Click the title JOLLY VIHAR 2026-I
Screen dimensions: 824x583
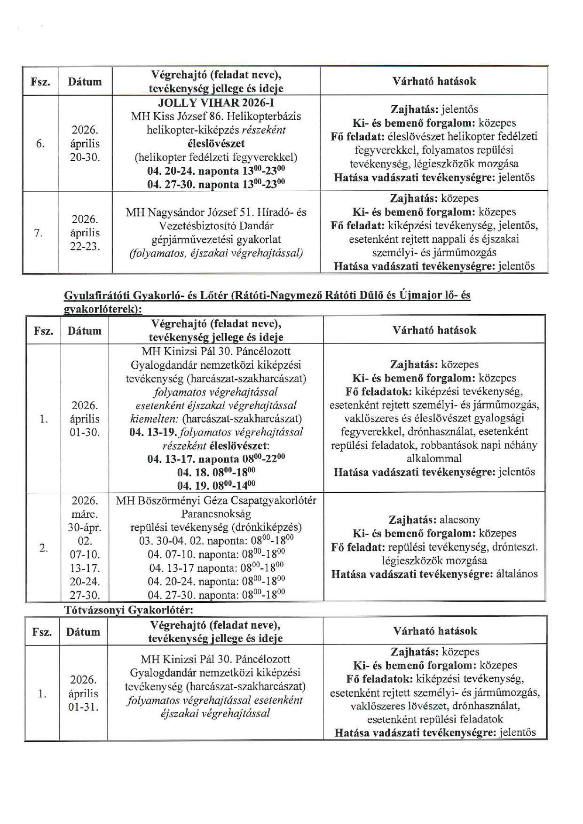click(x=216, y=103)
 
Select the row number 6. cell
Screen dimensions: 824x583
click(x=40, y=144)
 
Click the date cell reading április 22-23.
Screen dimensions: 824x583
click(x=85, y=233)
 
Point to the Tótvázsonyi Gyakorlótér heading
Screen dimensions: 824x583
click(x=129, y=610)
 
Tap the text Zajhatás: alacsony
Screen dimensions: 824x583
click(x=434, y=520)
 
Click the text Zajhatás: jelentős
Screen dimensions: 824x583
click(x=434, y=110)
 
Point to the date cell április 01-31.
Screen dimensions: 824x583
click(x=84, y=693)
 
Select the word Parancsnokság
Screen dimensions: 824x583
click(x=216, y=514)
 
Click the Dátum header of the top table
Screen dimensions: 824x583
click(x=85, y=82)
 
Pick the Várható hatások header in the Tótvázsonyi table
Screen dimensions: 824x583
click(x=435, y=631)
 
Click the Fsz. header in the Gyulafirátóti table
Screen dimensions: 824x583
click(x=43, y=331)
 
